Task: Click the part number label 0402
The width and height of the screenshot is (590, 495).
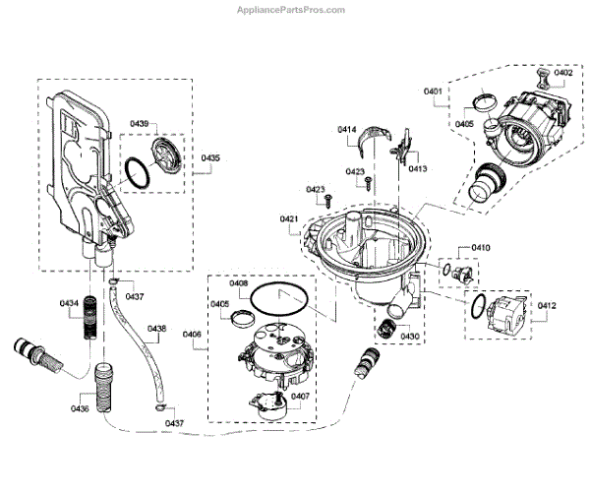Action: (x=562, y=73)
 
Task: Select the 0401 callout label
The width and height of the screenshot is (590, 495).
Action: (x=434, y=92)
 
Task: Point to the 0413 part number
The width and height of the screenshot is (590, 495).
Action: (x=417, y=168)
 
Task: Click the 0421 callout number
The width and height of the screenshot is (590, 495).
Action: (x=288, y=217)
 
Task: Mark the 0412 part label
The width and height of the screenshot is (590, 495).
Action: (x=547, y=306)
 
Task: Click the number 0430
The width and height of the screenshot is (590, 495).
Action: (x=409, y=337)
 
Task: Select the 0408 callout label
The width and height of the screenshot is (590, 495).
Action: (x=239, y=283)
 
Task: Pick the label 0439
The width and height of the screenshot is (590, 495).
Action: (x=140, y=123)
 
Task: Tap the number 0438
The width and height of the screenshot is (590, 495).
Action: (x=156, y=329)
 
